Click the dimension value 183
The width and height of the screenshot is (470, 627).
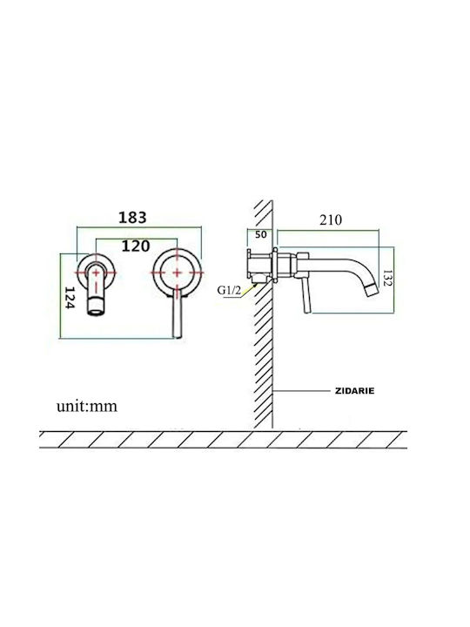click(x=132, y=218)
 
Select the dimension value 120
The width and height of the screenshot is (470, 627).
click(x=136, y=246)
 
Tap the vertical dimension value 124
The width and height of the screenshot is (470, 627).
click(x=69, y=298)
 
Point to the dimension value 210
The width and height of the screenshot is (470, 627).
click(x=331, y=219)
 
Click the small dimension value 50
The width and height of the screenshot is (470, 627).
click(x=260, y=234)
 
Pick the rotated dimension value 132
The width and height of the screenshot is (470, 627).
click(x=387, y=278)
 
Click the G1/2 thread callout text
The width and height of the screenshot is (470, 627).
click(x=229, y=290)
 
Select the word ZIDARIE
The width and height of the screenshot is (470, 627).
click(x=354, y=391)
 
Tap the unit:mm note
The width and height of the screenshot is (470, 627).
click(x=87, y=407)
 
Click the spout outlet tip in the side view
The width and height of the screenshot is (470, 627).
click(x=373, y=289)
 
